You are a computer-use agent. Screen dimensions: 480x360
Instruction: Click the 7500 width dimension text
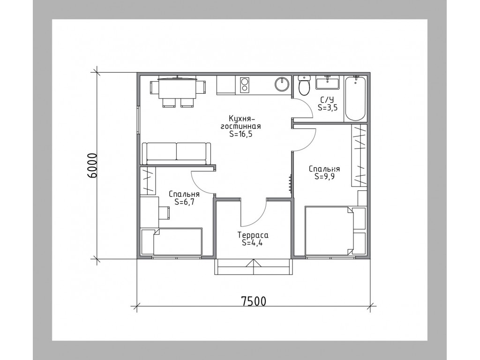[x=254, y=301]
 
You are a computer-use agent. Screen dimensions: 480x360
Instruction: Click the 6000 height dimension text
[x=92, y=165]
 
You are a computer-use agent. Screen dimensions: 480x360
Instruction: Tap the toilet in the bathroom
[x=304, y=85]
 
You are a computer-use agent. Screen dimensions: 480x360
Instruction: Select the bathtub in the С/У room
[x=355, y=98]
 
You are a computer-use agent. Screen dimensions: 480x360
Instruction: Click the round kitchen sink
[x=282, y=84]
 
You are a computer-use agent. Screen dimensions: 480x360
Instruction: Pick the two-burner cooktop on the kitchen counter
[x=244, y=85]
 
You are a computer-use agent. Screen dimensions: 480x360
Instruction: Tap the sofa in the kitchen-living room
[x=176, y=154]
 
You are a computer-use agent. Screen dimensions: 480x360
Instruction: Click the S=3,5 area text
[x=327, y=108]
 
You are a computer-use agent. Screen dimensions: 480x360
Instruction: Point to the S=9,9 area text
[x=324, y=177]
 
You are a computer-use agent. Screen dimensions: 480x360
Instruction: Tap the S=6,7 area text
[x=184, y=202]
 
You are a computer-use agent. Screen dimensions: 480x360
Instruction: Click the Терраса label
[x=253, y=235]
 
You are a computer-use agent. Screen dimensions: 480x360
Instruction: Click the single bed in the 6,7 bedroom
[x=172, y=242]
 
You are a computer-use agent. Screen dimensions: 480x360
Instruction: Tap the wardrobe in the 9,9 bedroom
[x=359, y=156]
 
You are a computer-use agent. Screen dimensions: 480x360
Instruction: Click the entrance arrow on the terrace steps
[x=254, y=267]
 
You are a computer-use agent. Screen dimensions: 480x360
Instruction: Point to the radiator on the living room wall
[x=290, y=183]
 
